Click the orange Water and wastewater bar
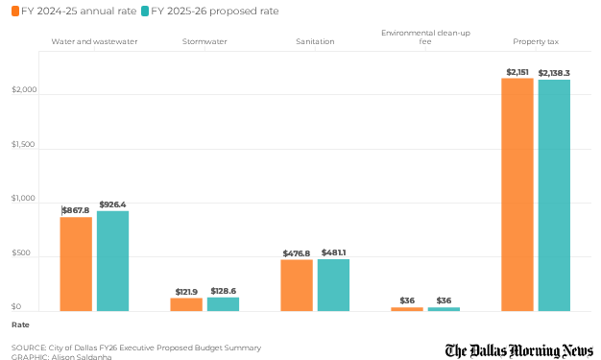point(76,264)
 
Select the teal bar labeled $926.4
point(112,261)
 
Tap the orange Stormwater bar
point(186,304)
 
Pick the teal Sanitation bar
point(333,285)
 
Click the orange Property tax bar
point(517,195)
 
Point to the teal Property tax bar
point(554,196)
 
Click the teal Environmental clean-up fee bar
point(444,309)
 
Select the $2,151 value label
point(517,72)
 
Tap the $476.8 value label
point(297,253)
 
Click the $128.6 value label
point(224,291)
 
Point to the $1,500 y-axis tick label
point(23,144)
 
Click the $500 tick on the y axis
point(21,252)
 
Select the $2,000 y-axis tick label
point(24,89)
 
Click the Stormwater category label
point(204,41)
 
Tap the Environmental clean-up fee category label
point(425,37)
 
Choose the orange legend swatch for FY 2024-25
point(15,12)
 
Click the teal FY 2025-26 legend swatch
point(145,12)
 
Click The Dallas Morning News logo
point(519,350)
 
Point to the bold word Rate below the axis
point(20,324)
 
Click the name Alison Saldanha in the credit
point(82,357)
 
